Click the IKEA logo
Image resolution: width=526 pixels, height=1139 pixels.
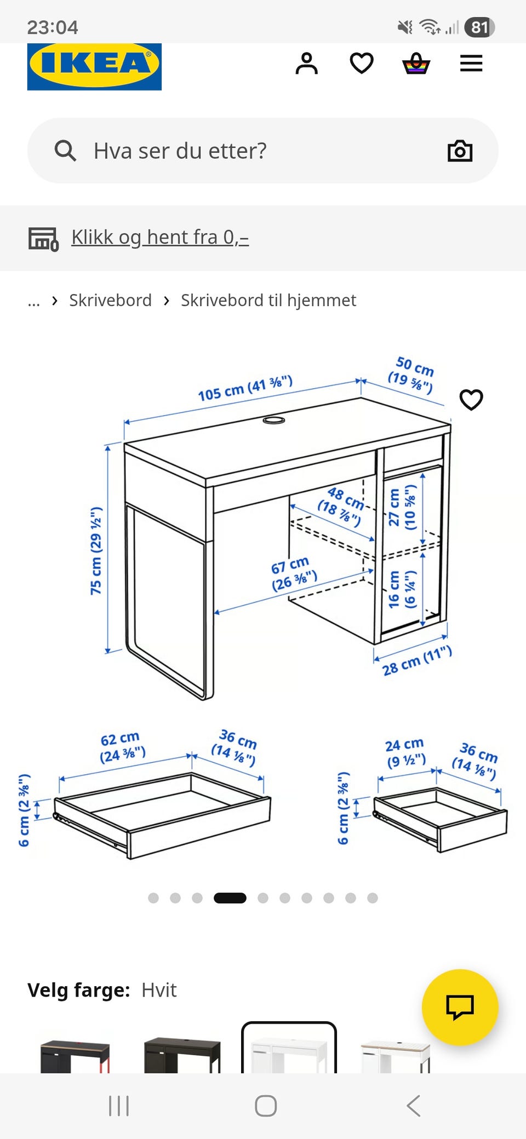coord(94,66)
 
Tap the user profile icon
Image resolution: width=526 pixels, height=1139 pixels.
coord(306,64)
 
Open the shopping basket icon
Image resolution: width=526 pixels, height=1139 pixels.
coord(416,64)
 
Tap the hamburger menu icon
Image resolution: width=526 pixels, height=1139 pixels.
coord(471,64)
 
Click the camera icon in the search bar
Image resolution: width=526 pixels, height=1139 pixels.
coord(460,151)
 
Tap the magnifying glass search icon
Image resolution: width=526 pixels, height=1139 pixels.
coord(65,151)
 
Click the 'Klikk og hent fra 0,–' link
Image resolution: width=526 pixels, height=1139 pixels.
coord(160,237)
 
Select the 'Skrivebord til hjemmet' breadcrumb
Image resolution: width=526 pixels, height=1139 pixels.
coord(268,300)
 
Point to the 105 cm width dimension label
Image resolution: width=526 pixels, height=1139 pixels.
coord(245,388)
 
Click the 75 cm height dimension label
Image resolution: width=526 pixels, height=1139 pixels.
coord(96,551)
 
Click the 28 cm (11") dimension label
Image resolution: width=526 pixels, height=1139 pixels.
coord(417,660)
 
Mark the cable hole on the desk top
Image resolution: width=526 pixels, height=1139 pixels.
coord(274,420)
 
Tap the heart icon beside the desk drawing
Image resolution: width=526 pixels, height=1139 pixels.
coord(471,400)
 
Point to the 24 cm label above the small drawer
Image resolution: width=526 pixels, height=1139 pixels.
coord(405,752)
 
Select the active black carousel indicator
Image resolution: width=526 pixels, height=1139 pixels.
coord(230,898)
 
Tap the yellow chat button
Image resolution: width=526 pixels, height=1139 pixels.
coord(460,1008)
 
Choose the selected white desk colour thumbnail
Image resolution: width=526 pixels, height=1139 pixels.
coord(289,1047)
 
